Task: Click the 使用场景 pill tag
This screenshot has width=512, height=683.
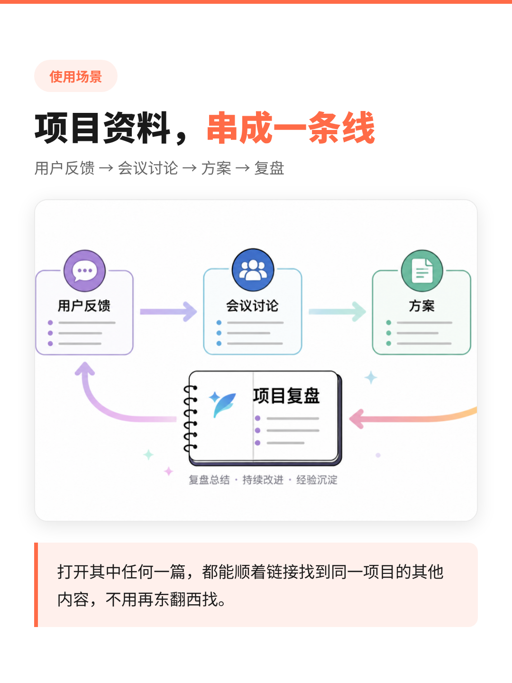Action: [76, 76]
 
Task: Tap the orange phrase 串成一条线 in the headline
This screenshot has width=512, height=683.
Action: [291, 128]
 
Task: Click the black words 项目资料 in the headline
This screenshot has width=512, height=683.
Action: [102, 128]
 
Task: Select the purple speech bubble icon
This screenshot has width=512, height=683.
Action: [84, 271]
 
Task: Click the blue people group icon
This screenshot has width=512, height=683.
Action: [253, 270]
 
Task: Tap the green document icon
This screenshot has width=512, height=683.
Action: [422, 271]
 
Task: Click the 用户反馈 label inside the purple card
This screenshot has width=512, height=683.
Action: [84, 305]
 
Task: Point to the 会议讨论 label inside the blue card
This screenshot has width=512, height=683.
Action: [252, 305]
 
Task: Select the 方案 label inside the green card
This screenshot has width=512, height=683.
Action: [422, 305]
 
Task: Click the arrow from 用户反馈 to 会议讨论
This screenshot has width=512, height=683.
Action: [168, 312]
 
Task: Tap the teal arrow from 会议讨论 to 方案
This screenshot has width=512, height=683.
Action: [337, 312]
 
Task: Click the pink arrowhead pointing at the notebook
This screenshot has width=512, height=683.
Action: [357, 419]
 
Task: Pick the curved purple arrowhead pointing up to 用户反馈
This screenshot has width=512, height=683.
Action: [84, 369]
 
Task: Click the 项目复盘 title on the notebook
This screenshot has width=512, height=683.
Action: [286, 396]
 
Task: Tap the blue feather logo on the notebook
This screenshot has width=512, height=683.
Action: [223, 404]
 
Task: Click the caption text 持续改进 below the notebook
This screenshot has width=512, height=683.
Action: [263, 480]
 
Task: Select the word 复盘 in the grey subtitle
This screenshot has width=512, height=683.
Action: [269, 168]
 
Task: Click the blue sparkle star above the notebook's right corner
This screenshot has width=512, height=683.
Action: [371, 378]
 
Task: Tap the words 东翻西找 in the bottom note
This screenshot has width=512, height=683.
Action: [185, 600]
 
